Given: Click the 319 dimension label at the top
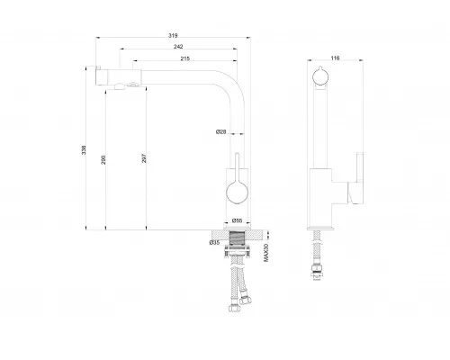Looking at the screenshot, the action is coord(173,35).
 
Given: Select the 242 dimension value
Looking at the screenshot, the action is coord(178,47).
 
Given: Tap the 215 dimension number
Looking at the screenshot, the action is coord(185,58).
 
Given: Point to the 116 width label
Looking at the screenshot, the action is coord(335,58).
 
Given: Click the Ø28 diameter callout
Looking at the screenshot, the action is coord(221,131).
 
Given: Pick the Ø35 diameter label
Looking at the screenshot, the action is coord(214,242).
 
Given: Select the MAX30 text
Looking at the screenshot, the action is coord(266,253).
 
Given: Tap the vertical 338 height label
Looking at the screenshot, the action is coord(84,150).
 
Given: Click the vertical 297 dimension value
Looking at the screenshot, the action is coord(144,158).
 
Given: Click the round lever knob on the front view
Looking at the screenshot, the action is coord(237,193).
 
